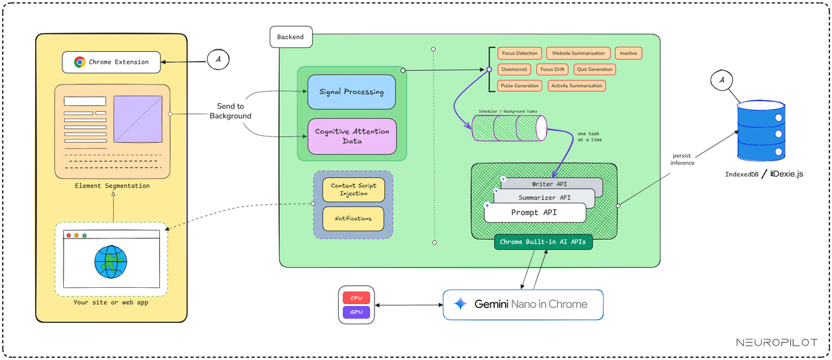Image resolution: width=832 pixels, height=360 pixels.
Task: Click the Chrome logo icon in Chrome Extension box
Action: (x=79, y=62)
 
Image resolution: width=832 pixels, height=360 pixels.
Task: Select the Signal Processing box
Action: (x=351, y=92)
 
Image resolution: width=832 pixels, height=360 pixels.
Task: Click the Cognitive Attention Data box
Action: (x=351, y=136)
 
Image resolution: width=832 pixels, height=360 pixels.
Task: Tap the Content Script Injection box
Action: (x=353, y=190)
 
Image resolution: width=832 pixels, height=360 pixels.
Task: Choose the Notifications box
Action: (x=353, y=218)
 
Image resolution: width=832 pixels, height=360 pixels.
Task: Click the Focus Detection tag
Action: (x=520, y=53)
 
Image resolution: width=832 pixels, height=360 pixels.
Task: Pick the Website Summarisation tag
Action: (x=578, y=53)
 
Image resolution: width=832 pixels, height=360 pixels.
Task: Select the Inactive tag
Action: (x=628, y=53)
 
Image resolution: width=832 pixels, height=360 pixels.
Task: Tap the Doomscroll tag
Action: (x=515, y=70)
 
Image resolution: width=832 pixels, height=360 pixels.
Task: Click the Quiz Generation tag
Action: (x=594, y=70)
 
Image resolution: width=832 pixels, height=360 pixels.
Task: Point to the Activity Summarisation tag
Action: (x=577, y=86)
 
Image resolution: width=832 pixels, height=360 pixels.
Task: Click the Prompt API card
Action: (x=535, y=212)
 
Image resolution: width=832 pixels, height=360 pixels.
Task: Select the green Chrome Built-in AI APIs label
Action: (x=543, y=242)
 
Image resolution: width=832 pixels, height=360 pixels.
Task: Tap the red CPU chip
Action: (x=356, y=298)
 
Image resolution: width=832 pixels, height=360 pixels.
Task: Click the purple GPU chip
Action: (x=356, y=313)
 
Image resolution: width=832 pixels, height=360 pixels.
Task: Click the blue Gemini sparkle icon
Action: (x=460, y=304)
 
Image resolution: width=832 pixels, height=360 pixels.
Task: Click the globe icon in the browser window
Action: (x=111, y=261)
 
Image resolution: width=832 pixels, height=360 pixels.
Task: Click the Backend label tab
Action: (x=291, y=38)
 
